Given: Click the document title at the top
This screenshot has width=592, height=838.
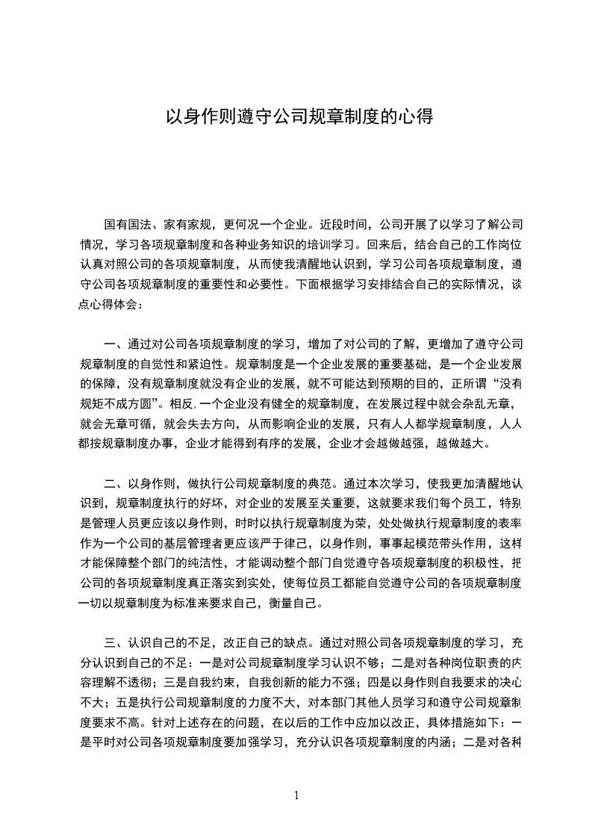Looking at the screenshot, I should click(x=299, y=117).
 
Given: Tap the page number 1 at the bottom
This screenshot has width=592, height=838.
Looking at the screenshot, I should click(x=296, y=795).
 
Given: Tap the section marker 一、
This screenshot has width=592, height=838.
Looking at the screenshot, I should click(x=116, y=344).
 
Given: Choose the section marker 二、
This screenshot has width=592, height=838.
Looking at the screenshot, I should click(x=116, y=482).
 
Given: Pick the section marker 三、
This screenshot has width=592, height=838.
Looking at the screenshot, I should click(x=116, y=642).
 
